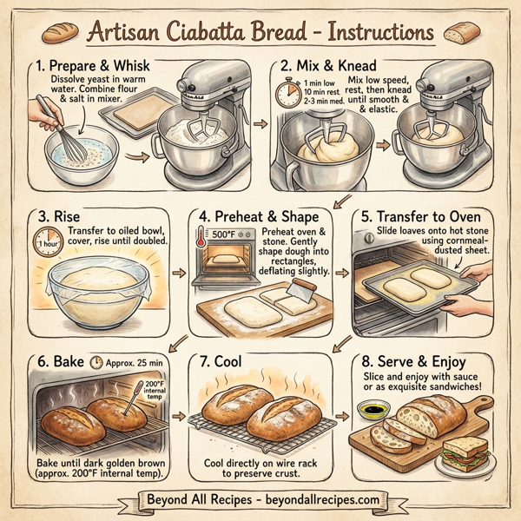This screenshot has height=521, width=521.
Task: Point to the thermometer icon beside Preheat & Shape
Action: [201, 236]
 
